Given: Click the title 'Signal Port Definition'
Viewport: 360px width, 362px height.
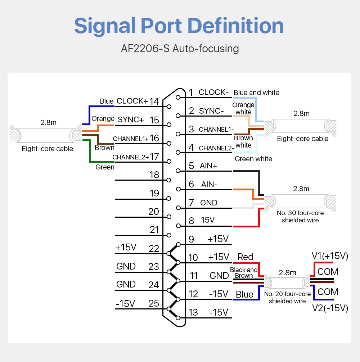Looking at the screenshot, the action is click(179, 26).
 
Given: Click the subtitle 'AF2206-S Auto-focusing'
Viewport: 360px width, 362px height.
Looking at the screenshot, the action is click(180, 49).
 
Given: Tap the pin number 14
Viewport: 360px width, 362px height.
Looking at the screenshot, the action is click(154, 101).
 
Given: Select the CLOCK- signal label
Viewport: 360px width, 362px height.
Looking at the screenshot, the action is click(213, 92).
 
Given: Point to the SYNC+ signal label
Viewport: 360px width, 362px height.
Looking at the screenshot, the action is click(131, 119).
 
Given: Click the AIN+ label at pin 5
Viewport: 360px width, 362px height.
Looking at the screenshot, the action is click(208, 166).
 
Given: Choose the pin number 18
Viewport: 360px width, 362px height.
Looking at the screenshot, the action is click(154, 175).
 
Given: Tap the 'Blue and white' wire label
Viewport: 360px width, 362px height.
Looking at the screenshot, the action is click(256, 92).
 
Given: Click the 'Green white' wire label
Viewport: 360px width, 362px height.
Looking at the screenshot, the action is click(253, 159).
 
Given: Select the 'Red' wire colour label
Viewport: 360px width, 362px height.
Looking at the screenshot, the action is click(246, 257).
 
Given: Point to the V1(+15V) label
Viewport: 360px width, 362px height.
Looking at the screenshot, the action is click(330, 256).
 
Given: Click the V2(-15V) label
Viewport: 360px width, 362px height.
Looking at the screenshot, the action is click(330, 308).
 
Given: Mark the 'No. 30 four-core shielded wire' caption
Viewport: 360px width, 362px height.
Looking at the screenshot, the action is click(300, 216).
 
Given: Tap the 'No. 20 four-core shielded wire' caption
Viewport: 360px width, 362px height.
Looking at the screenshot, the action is click(287, 297).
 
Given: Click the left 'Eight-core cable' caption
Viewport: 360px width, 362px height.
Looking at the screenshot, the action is click(47, 149).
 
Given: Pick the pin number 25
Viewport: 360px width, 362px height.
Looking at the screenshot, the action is click(154, 303).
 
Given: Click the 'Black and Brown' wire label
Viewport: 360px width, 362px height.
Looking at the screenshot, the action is click(244, 273).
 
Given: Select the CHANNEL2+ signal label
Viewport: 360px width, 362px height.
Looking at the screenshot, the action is click(131, 157).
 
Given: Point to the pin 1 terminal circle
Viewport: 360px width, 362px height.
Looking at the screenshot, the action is click(178, 98).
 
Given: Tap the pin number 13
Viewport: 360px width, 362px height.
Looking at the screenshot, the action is click(193, 312).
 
